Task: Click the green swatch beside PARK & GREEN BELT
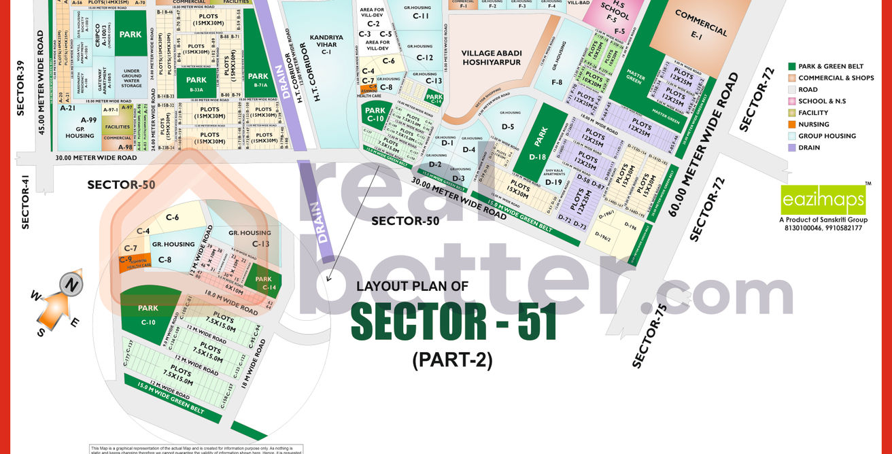792,67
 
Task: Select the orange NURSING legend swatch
792,124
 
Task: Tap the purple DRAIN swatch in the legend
792,147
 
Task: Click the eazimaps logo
823,200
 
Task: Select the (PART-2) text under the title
452,360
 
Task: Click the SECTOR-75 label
650,336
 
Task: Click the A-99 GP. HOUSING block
80,128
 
